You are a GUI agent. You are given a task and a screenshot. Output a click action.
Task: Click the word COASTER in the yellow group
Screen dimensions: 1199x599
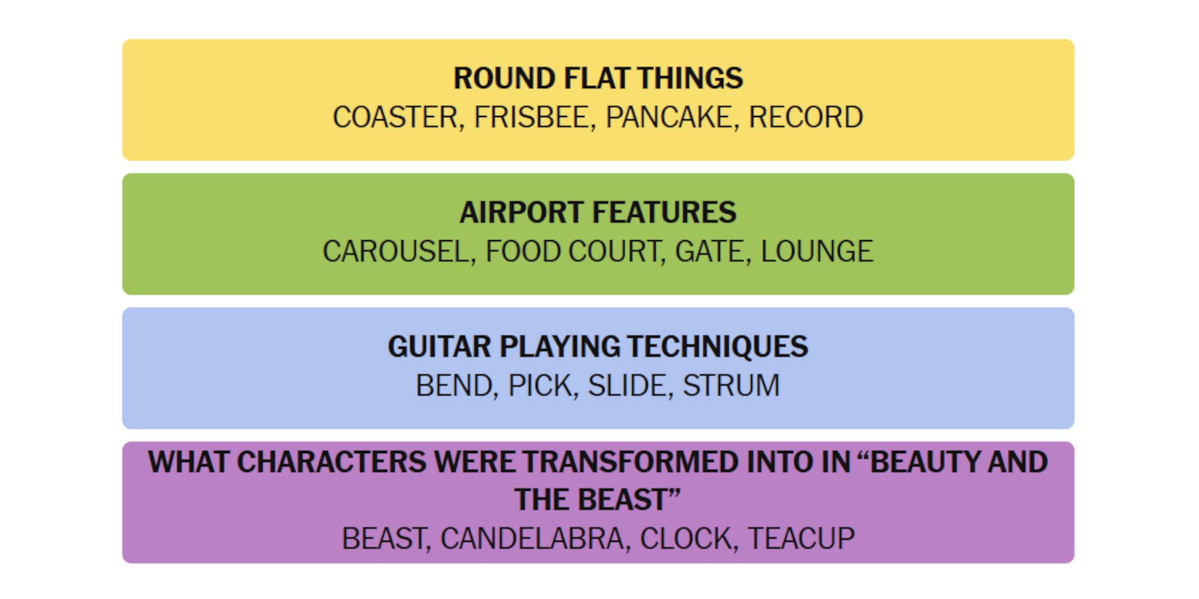(x=395, y=117)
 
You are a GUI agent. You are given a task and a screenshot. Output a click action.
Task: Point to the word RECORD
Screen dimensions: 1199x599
(x=806, y=117)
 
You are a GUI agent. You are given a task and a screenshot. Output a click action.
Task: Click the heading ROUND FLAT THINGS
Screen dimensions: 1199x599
(x=598, y=78)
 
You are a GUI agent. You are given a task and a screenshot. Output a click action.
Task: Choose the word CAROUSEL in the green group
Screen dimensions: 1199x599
(x=396, y=251)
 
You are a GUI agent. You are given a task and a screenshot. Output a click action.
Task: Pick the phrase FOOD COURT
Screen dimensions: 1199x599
(x=572, y=251)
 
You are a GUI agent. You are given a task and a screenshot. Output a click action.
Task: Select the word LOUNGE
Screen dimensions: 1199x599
(x=816, y=251)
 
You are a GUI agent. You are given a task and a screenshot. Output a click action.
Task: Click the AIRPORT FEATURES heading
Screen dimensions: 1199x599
(x=598, y=212)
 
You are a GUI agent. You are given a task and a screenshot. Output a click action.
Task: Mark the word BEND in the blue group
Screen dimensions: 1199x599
(x=454, y=386)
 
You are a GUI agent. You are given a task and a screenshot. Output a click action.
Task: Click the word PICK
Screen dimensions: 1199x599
(x=540, y=386)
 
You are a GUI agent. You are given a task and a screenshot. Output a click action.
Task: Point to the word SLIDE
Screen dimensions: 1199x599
(x=627, y=386)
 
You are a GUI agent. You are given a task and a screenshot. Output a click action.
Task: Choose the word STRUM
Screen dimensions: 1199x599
(x=731, y=386)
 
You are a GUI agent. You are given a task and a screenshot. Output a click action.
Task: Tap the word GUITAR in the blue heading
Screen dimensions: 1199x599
(x=439, y=346)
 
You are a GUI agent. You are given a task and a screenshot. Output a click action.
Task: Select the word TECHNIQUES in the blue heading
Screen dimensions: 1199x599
(x=717, y=346)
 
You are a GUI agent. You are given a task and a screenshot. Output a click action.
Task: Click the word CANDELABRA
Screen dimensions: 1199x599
(x=532, y=539)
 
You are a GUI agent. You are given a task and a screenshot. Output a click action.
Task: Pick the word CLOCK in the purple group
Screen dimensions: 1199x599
(x=686, y=539)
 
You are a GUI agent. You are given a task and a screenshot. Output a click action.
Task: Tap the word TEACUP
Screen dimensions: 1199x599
(x=801, y=539)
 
